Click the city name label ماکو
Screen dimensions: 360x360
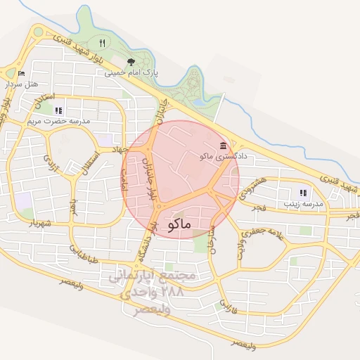[x=181, y=224]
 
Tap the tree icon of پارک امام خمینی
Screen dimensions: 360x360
[x=130, y=61]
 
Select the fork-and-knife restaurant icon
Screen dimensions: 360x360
[x=103, y=43]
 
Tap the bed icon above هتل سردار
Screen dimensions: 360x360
[x=20, y=73]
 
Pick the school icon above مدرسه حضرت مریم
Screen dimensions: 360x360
[x=58, y=110]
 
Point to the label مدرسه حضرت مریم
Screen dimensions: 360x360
[x=59, y=121]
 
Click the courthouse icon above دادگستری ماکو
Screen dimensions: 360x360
[x=224, y=145]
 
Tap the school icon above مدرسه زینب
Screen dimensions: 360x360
[x=303, y=193]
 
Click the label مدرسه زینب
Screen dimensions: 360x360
[x=303, y=203]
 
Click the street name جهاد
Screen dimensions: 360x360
[x=116, y=149]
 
